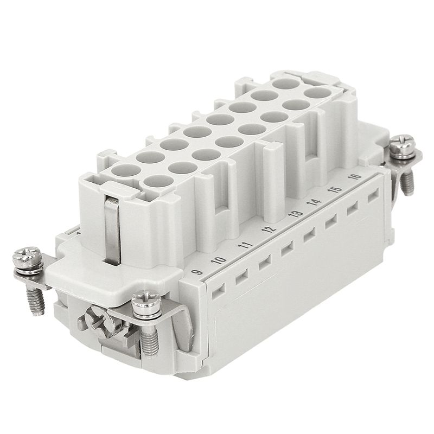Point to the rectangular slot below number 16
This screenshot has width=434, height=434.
373,196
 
